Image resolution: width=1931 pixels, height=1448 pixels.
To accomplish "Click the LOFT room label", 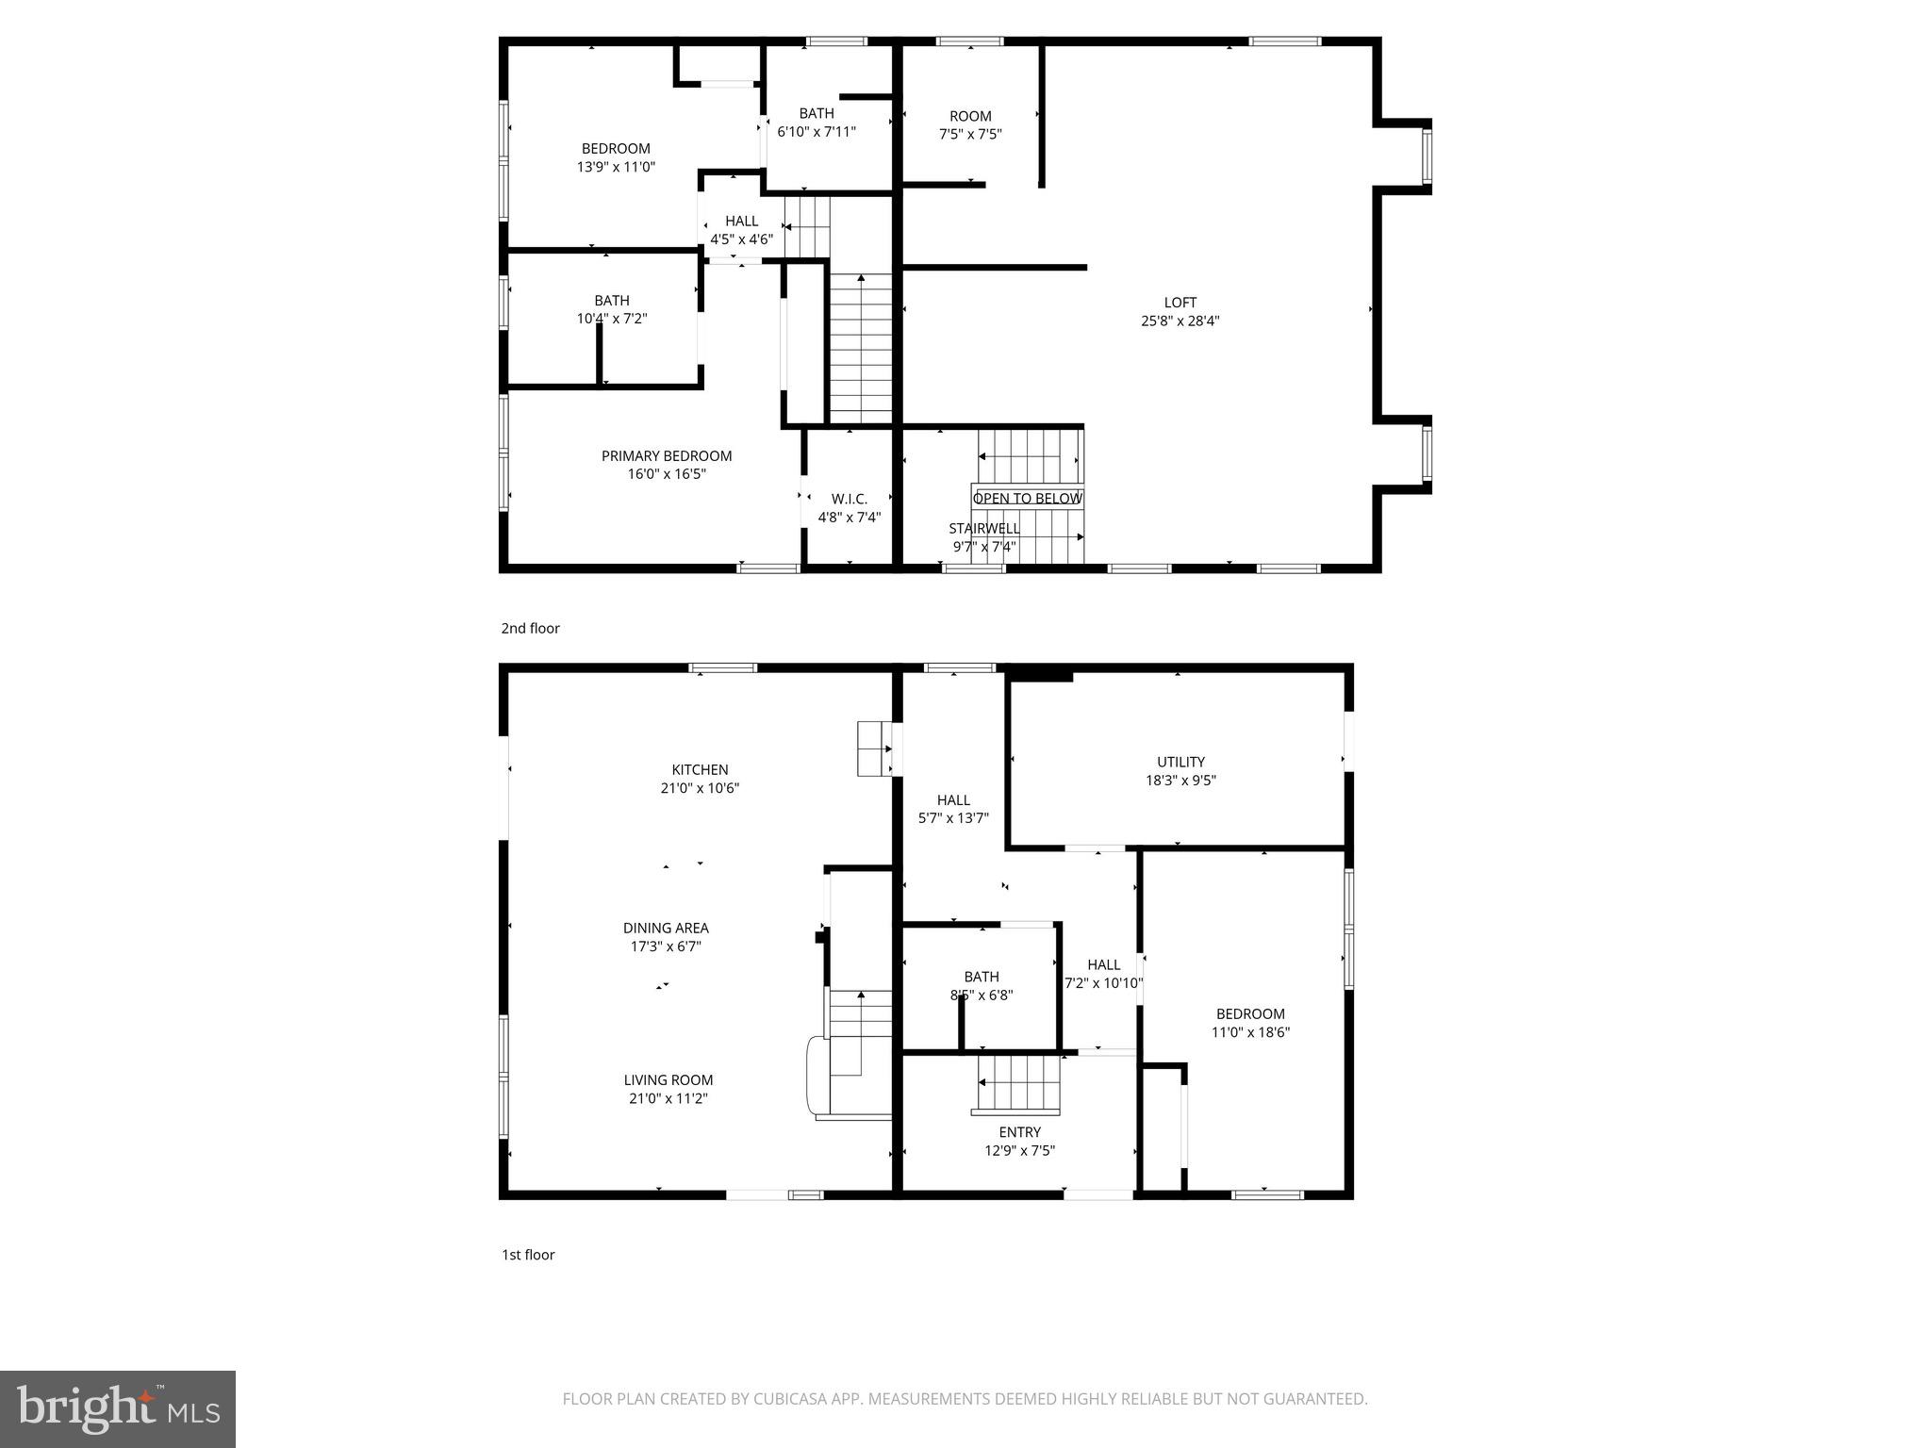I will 1180,303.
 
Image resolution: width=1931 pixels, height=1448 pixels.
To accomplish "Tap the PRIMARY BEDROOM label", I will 667,456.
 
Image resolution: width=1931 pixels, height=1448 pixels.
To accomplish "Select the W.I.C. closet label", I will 849,499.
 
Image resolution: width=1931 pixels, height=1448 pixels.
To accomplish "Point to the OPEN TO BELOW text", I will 1027,498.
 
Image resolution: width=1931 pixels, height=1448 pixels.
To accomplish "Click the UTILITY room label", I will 1180,762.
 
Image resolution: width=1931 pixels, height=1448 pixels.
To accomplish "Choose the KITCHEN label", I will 700,770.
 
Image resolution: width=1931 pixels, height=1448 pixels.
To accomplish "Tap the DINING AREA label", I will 666,929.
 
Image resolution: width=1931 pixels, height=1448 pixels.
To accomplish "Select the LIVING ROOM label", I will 668,1080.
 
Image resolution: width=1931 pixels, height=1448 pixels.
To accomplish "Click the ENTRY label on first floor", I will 1019,1132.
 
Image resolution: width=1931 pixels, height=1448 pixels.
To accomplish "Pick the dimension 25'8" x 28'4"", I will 1180,321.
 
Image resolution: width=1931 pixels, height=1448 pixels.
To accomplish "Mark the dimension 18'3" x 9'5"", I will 1180,781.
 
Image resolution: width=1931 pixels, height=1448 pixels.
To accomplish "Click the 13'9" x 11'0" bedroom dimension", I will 616,167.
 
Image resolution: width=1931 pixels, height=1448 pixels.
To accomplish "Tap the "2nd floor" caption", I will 530,629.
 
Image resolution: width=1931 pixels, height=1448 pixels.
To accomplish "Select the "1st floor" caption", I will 528,1255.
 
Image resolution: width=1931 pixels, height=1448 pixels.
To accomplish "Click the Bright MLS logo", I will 118,1409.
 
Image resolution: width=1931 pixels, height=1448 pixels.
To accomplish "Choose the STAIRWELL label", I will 983,529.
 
